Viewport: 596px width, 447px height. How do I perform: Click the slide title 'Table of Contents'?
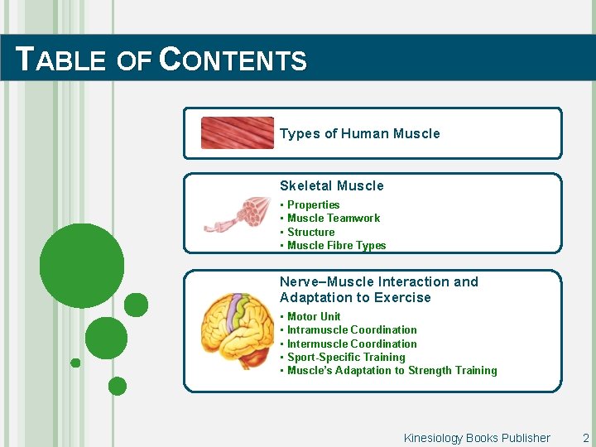point(162,60)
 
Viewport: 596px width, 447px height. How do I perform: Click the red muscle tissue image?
point(237,132)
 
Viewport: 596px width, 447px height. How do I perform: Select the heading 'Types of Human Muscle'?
point(359,133)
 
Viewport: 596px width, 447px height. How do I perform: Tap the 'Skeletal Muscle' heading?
point(331,185)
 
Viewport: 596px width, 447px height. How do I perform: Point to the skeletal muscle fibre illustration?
point(238,214)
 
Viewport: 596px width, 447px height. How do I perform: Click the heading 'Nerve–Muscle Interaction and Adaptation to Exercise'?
point(378,290)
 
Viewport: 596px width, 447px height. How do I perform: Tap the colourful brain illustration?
point(238,331)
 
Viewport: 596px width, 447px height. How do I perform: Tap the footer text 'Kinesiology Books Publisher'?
point(476,438)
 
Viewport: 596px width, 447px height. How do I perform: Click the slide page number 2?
point(585,438)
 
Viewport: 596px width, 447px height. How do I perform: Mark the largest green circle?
point(82,266)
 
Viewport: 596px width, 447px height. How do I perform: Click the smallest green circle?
point(75,363)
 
